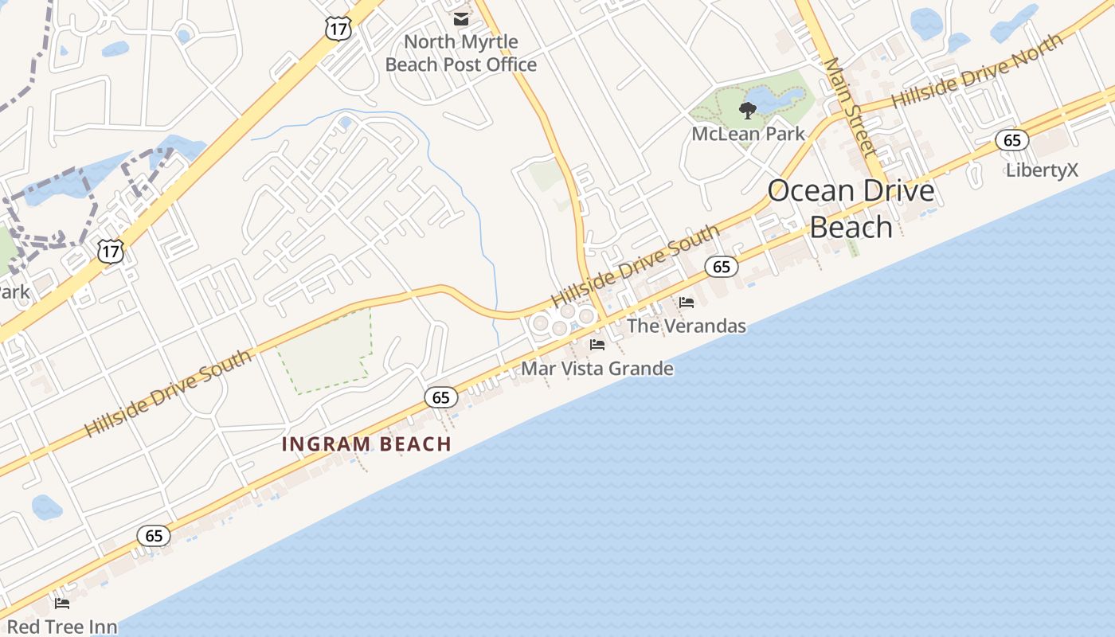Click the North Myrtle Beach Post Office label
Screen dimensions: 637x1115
click(x=460, y=53)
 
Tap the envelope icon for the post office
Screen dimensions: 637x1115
click(x=461, y=18)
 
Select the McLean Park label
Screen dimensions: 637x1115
click(x=748, y=134)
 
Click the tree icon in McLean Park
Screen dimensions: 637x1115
click(x=747, y=110)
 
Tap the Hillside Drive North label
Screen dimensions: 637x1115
click(x=976, y=72)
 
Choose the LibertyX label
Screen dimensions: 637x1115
click(x=1041, y=170)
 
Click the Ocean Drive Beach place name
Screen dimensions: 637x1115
click(x=851, y=209)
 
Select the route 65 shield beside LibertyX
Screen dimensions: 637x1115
click(x=1011, y=141)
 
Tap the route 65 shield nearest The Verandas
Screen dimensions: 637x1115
click(x=721, y=267)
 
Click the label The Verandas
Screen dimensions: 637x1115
click(x=686, y=326)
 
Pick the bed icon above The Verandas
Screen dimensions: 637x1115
click(x=686, y=303)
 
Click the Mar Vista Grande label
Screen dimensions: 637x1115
click(x=597, y=369)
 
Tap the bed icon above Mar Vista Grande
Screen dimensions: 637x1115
click(x=597, y=345)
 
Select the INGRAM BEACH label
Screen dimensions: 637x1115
click(x=366, y=444)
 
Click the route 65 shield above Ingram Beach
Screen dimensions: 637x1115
click(x=440, y=397)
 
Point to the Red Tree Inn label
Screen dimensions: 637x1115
click(x=62, y=627)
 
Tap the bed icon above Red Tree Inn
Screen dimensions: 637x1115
click(x=61, y=603)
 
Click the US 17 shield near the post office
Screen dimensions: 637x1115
click(x=338, y=28)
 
